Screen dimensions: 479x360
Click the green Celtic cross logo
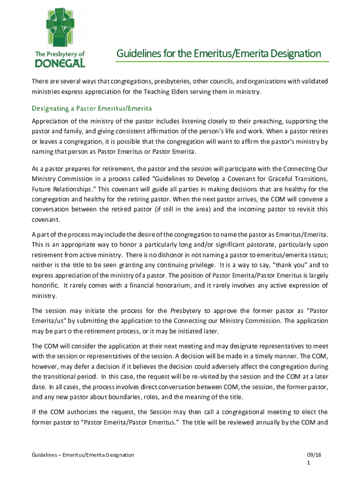click(60, 26)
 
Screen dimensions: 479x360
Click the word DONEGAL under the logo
click(60, 63)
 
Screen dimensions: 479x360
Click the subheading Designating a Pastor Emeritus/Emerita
click(92, 109)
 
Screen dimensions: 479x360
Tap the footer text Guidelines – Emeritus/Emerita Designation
click(83, 455)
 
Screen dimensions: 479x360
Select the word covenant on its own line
click(45, 219)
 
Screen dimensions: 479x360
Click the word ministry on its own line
click(44, 296)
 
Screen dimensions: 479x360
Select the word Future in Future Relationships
click(42, 189)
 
